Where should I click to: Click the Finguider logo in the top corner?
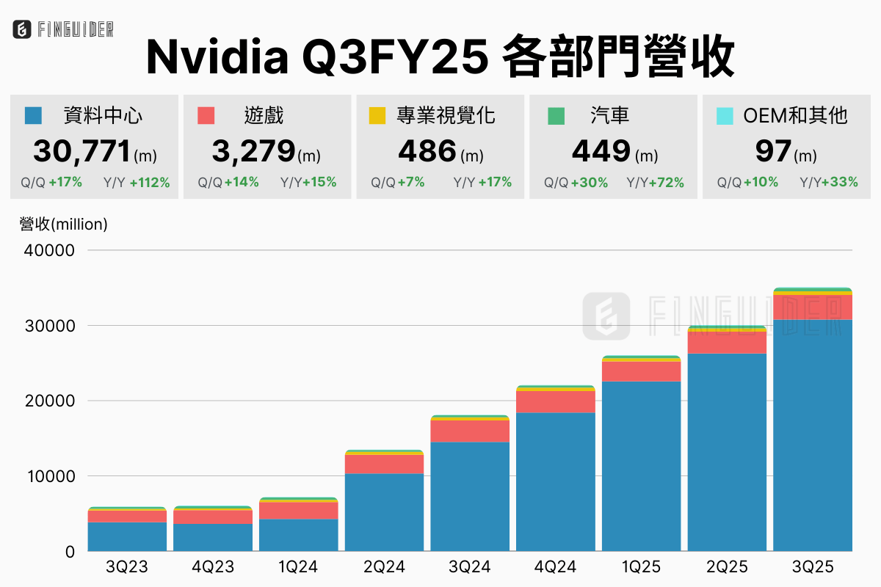(63, 30)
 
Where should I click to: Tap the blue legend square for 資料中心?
(32, 115)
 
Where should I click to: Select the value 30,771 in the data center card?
(81, 151)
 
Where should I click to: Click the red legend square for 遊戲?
(206, 115)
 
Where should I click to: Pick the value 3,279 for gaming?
(253, 151)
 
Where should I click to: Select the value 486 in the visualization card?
(427, 151)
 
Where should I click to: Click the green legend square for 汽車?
(556, 115)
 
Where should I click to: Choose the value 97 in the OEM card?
(772, 151)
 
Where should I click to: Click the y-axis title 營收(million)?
(64, 225)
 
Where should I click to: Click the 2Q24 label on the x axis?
(384, 567)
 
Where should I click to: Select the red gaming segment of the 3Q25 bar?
(813, 307)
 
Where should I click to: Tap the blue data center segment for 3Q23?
(127, 536)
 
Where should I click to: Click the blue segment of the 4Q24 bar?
(556, 481)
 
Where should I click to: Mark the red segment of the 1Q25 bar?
(642, 371)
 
